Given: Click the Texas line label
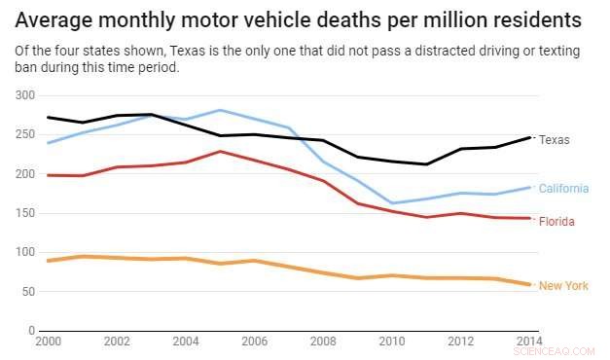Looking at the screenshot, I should click(x=555, y=139).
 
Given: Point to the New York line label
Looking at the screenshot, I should click(x=563, y=286).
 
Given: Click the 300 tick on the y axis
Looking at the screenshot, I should click(x=24, y=95).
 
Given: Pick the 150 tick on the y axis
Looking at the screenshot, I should click(x=24, y=213).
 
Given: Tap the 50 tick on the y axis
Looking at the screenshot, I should click(x=27, y=291).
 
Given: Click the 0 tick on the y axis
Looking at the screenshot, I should click(x=30, y=331).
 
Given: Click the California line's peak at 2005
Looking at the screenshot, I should click(x=221, y=110).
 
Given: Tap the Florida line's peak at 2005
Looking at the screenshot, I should click(x=221, y=152).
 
